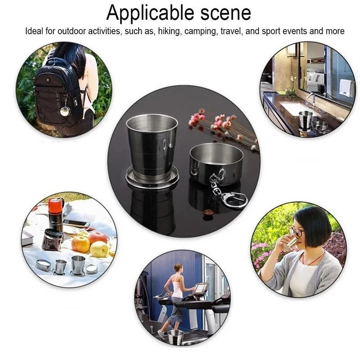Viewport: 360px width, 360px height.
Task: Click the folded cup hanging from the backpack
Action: (x=65, y=110)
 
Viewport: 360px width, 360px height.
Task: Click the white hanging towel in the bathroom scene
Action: (x=346, y=87)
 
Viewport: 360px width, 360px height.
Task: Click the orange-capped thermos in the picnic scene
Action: (x=56, y=211)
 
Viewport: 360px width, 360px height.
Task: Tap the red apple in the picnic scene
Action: (x=98, y=237)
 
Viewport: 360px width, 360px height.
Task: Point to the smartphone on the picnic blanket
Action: (x=76, y=224)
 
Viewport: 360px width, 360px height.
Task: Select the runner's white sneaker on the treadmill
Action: (x=161, y=334)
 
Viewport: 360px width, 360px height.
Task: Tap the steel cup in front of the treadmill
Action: (x=175, y=337)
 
